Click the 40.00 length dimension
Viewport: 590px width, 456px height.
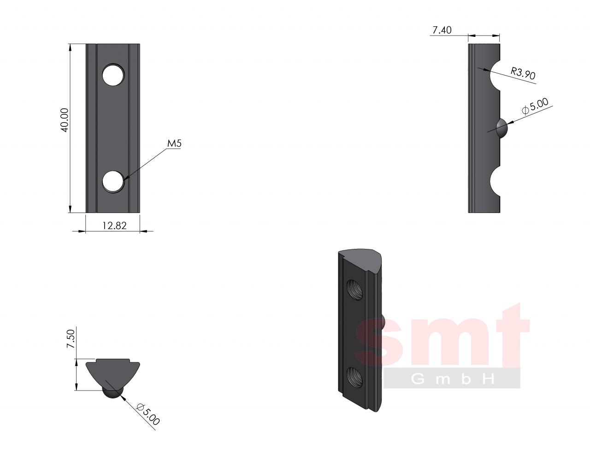tap(65, 120)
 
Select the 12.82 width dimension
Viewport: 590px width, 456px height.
tap(114, 225)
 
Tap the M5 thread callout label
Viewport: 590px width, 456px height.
tap(174, 143)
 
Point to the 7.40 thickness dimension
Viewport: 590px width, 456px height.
tap(442, 30)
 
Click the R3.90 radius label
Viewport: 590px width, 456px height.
tap(523, 73)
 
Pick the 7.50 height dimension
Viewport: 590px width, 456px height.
tap(71, 339)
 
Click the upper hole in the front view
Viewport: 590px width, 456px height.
tap(113, 75)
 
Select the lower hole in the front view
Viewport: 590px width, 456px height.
tap(113, 182)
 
